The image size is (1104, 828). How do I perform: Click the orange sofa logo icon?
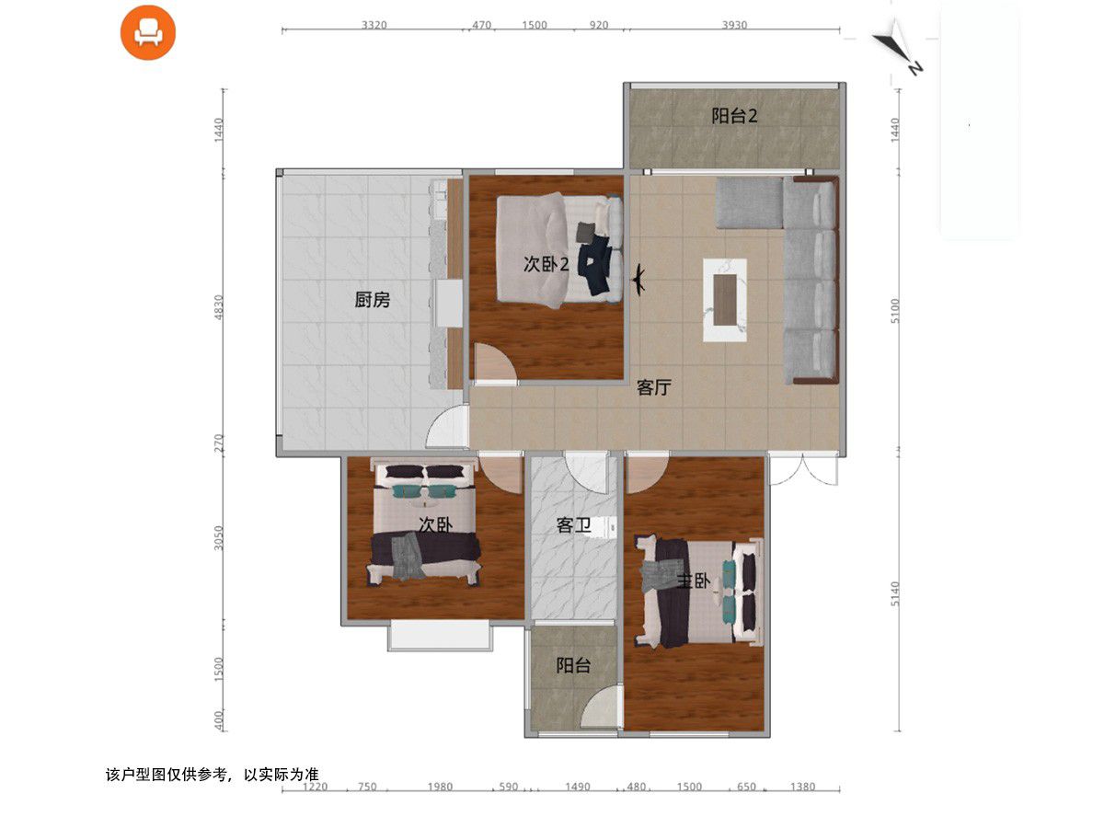(148, 33)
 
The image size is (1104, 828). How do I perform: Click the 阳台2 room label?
(734, 116)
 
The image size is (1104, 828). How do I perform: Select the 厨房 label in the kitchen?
(373, 300)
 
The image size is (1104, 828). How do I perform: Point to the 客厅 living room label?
(653, 387)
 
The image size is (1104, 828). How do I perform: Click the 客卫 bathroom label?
(573, 526)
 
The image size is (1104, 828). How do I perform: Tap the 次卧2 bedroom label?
(546, 264)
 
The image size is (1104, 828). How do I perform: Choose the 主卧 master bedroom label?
(693, 581)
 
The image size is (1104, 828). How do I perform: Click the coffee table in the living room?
(724, 300)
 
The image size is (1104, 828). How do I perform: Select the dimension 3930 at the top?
(734, 25)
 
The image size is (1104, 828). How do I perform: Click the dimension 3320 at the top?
(374, 25)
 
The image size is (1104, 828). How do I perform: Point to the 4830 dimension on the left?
(219, 306)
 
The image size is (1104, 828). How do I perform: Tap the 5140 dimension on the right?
(895, 593)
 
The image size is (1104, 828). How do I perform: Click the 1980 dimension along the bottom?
(440, 787)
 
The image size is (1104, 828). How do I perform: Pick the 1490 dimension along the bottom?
(578, 787)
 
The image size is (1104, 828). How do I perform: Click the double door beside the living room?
(804, 469)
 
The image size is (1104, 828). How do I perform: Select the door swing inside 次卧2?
(495, 363)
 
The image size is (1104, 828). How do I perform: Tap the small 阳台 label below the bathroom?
(573, 665)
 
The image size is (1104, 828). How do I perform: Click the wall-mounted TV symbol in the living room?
(638, 279)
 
